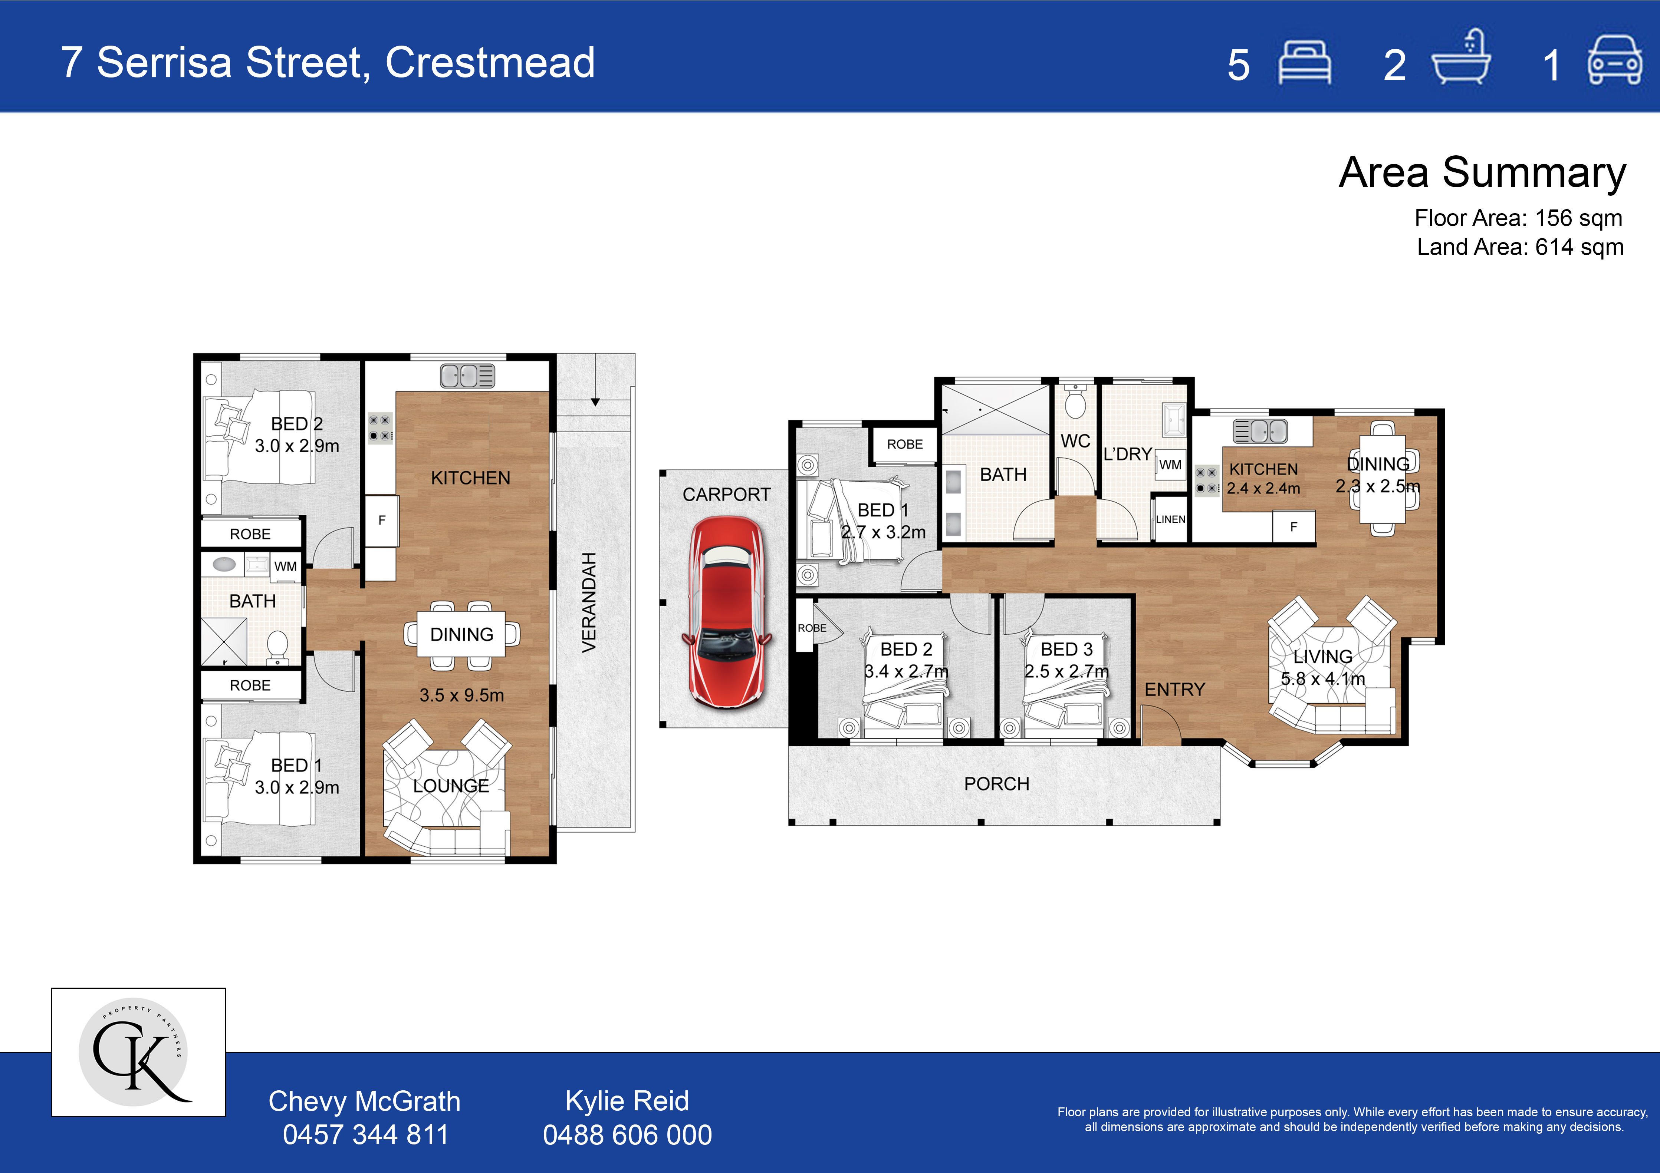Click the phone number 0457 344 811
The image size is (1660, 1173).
365,1135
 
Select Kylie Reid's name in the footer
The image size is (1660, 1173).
627,1101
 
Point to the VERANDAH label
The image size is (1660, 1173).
589,602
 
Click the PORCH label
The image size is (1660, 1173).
996,783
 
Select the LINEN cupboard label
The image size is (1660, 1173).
1170,519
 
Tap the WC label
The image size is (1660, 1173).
1075,441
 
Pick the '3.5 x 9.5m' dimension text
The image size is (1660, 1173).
461,695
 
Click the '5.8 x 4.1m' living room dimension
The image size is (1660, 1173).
1322,679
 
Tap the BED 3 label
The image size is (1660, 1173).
1066,649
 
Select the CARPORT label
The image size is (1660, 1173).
727,494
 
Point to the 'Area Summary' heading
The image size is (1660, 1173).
1482,174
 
